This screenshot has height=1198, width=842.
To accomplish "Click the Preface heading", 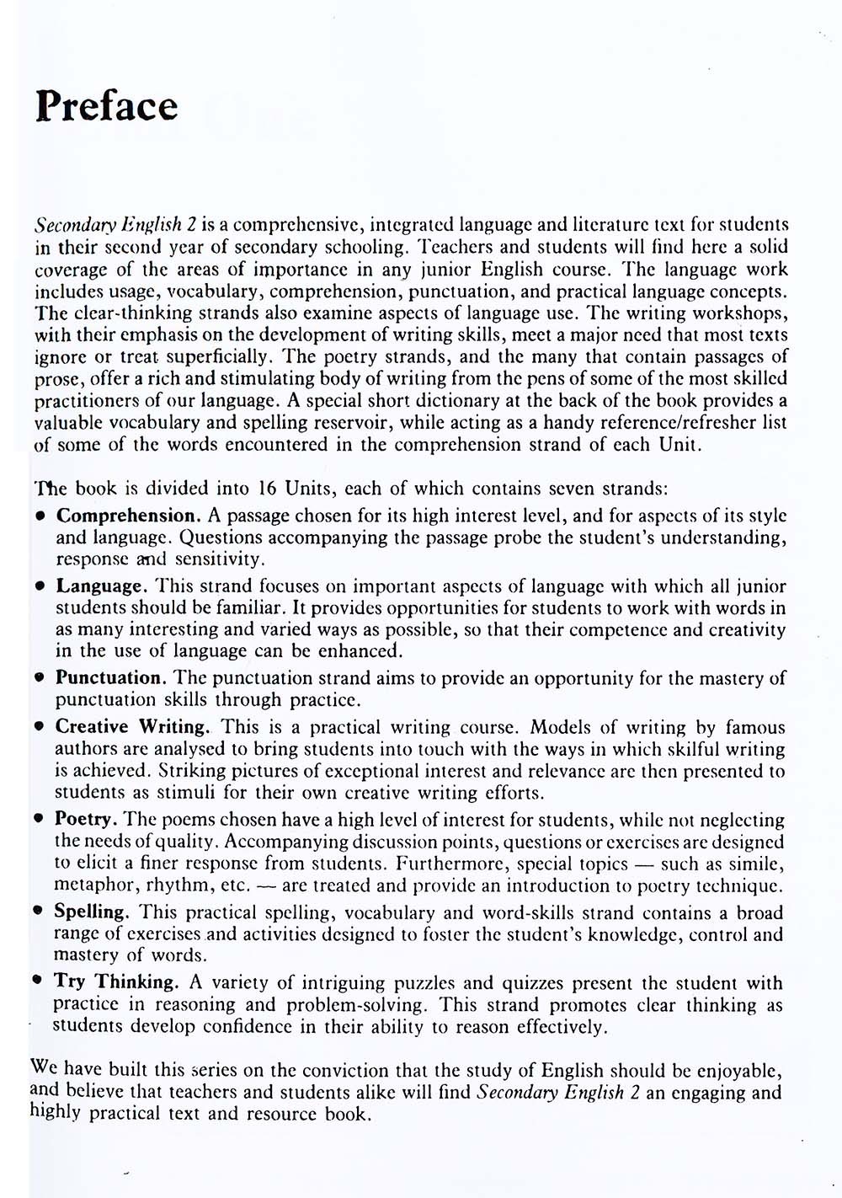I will (107, 106).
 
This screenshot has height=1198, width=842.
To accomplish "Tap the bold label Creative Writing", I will (132, 727).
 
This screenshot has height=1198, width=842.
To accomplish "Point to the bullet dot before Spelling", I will (38, 912).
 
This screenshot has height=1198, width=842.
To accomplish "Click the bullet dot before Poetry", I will (39, 819).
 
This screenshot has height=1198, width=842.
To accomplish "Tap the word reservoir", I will (349, 423).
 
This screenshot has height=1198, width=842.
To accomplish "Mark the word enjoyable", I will (735, 1071).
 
